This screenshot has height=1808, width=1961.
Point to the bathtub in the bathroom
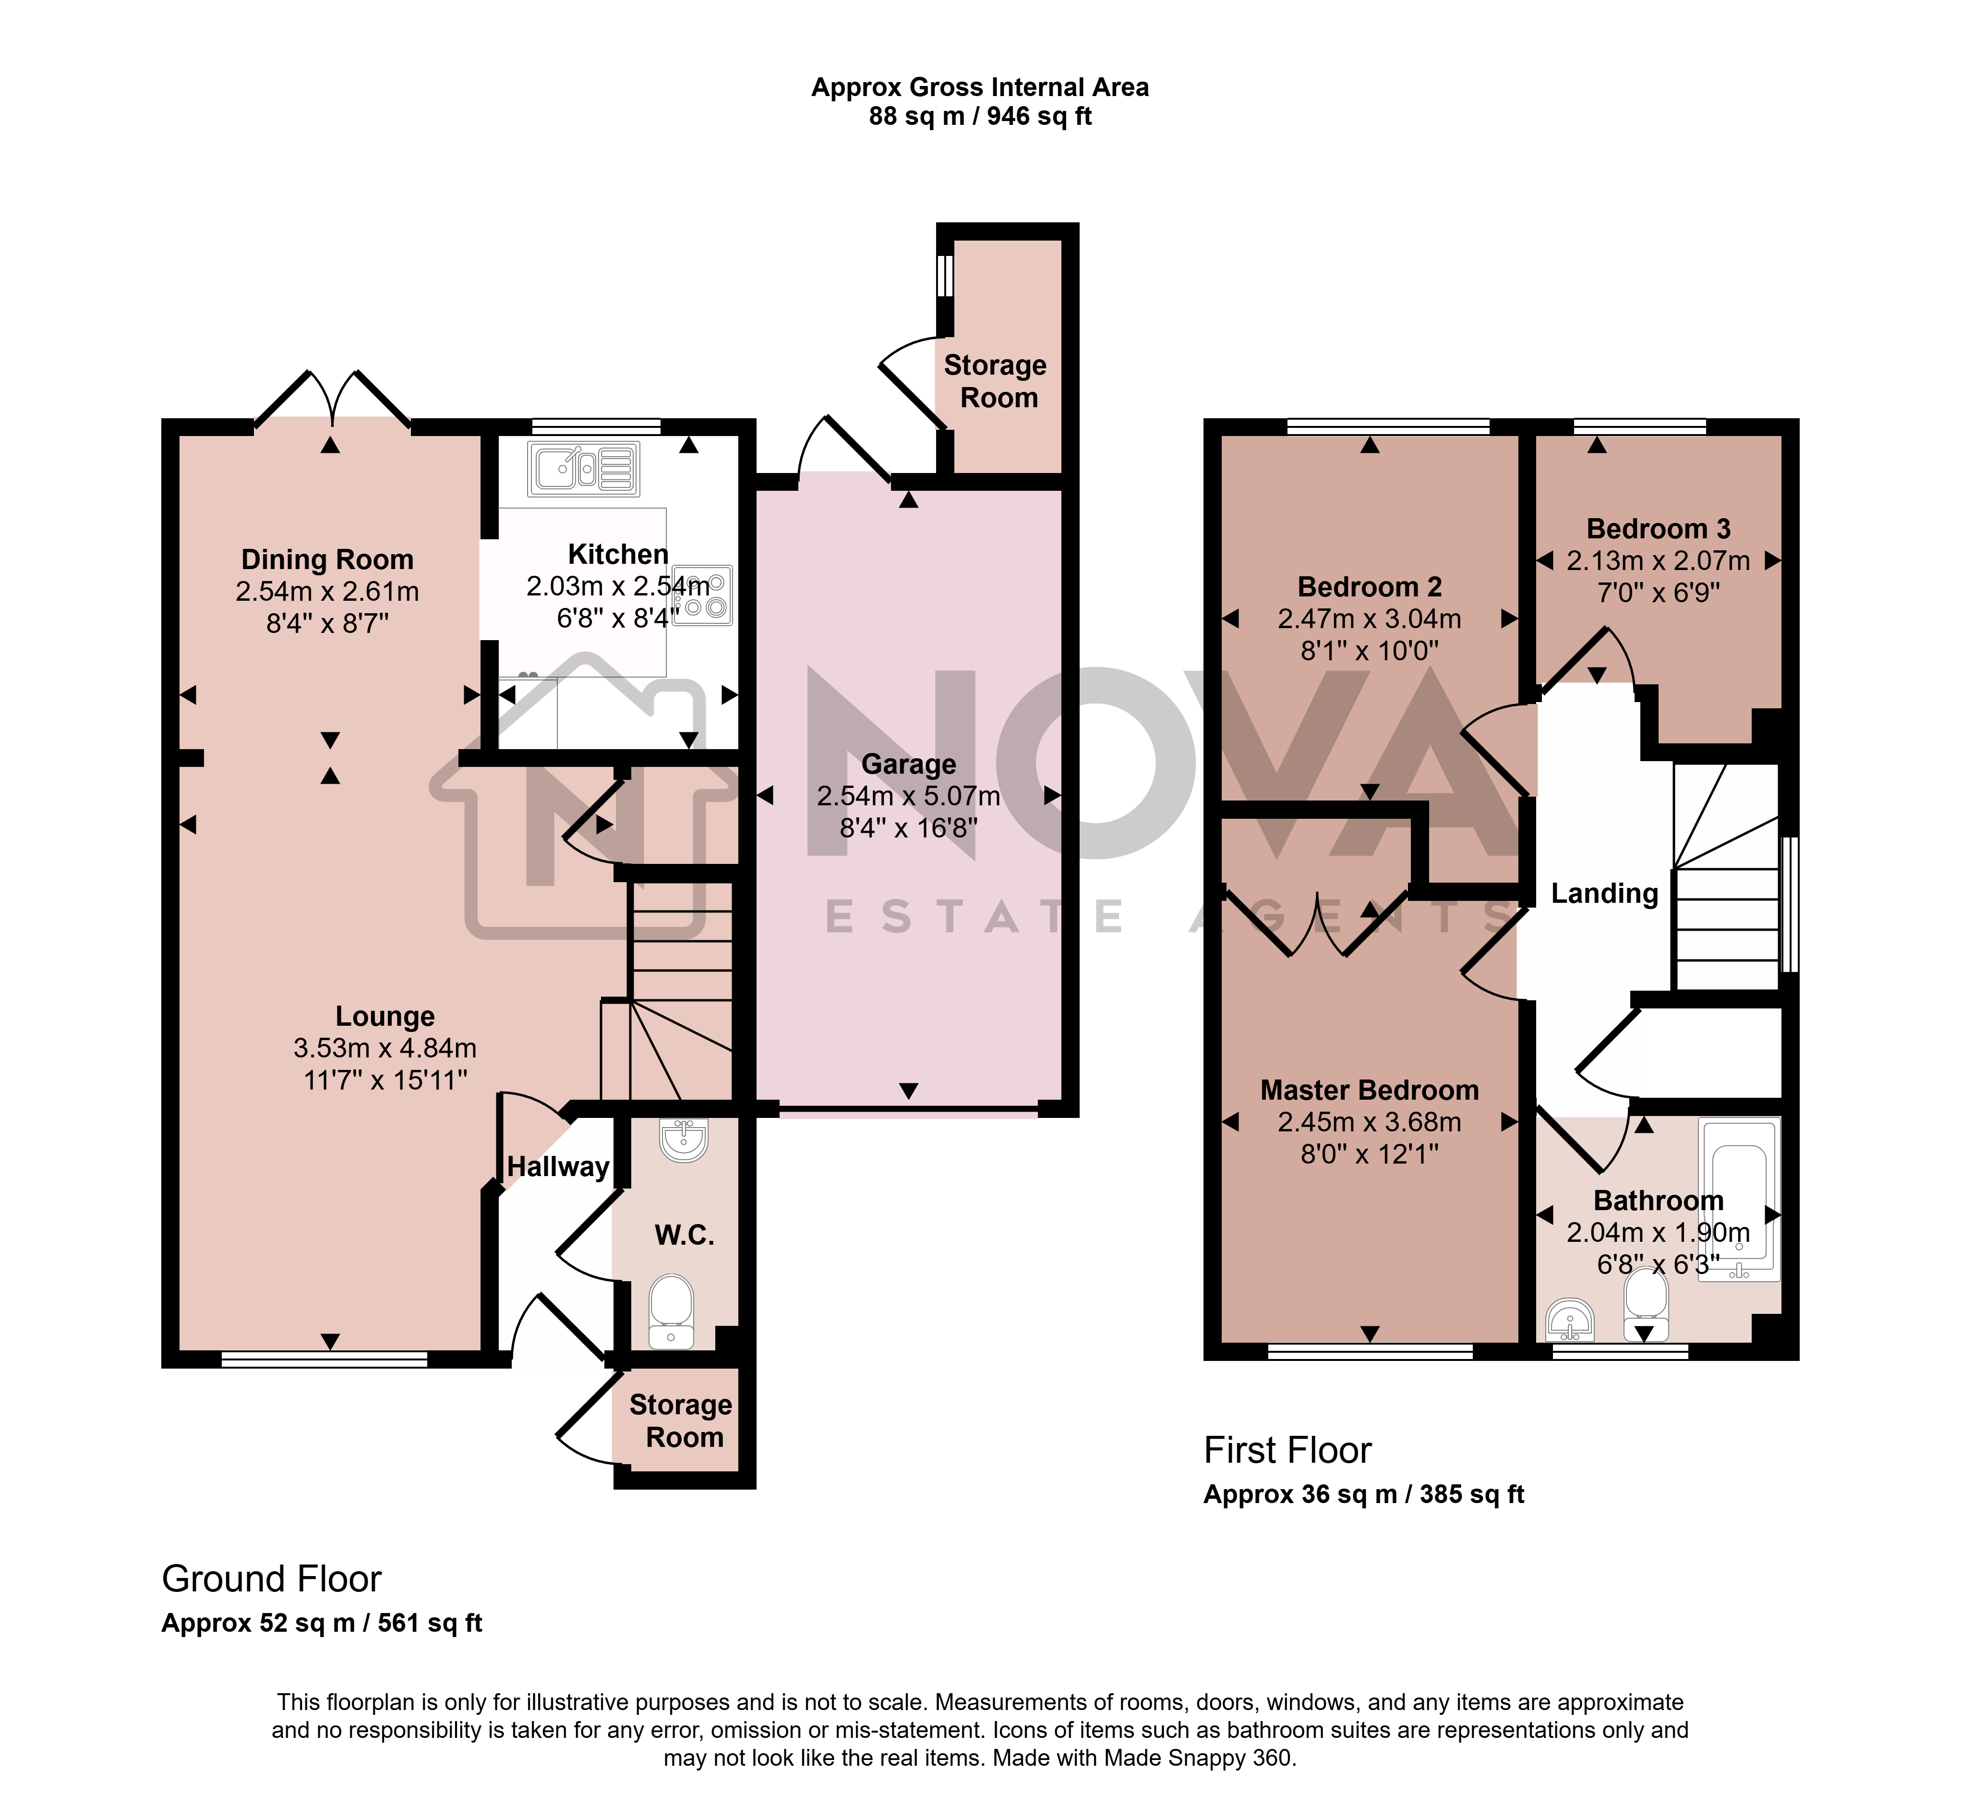point(1740,1200)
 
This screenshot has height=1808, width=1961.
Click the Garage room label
point(909,764)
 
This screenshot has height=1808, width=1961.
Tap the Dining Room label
point(328,559)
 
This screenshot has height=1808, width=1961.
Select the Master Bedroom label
point(1369,1090)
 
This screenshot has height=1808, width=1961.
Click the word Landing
point(1605,893)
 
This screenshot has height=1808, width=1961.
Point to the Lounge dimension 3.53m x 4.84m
point(385,1048)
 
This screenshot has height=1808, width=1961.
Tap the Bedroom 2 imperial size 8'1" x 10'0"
point(1369,651)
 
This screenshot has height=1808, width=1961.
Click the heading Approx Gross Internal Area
point(980,87)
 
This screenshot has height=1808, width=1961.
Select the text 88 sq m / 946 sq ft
point(980,116)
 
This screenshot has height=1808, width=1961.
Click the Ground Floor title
point(272,1579)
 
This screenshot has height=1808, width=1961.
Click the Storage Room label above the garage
point(996,382)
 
